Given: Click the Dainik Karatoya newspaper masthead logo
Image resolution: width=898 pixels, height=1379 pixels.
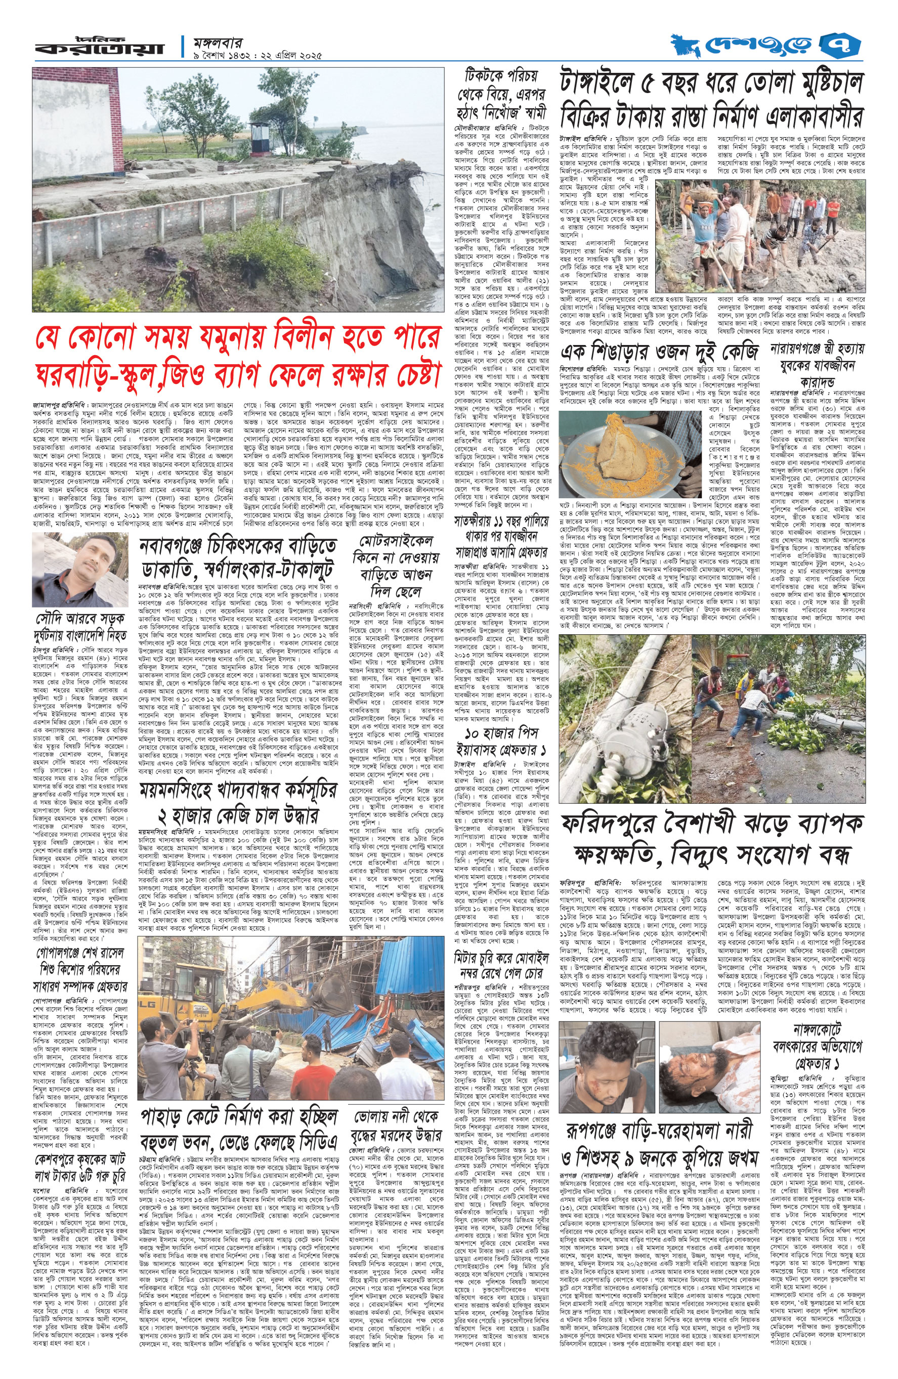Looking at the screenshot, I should (99, 47).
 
